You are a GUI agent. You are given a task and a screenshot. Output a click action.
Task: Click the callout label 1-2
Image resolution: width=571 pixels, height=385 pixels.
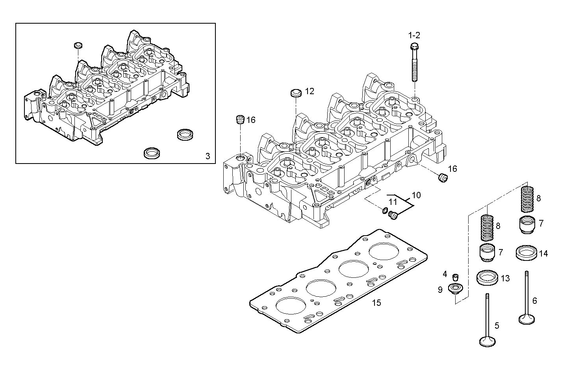tap(414, 35)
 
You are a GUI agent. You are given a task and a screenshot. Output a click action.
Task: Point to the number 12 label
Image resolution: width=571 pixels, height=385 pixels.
tap(310, 91)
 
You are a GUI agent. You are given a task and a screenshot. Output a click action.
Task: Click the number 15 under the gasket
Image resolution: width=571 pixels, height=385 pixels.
tap(376, 303)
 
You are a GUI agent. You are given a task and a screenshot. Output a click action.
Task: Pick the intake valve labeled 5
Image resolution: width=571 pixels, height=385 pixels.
tap(487, 321)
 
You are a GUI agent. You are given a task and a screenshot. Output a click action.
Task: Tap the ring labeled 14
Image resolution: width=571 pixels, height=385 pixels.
tap(526, 253)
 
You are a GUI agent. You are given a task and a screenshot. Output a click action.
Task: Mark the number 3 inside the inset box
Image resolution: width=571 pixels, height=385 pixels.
tap(208, 156)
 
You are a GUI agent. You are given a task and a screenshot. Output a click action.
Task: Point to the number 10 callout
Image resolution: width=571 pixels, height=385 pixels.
tap(416, 195)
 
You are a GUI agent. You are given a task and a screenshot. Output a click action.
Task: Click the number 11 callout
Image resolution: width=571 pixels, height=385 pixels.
tap(393, 202)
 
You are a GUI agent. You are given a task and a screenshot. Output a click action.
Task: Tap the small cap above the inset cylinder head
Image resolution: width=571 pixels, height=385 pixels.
tap(78, 45)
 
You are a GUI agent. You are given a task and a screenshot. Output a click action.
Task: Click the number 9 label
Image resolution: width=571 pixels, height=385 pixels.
tap(440, 290)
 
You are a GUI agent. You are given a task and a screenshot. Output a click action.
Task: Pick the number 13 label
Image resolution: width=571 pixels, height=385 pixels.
tap(505, 279)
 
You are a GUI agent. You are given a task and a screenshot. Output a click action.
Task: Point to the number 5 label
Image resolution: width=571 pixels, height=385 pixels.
tap(497, 325)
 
